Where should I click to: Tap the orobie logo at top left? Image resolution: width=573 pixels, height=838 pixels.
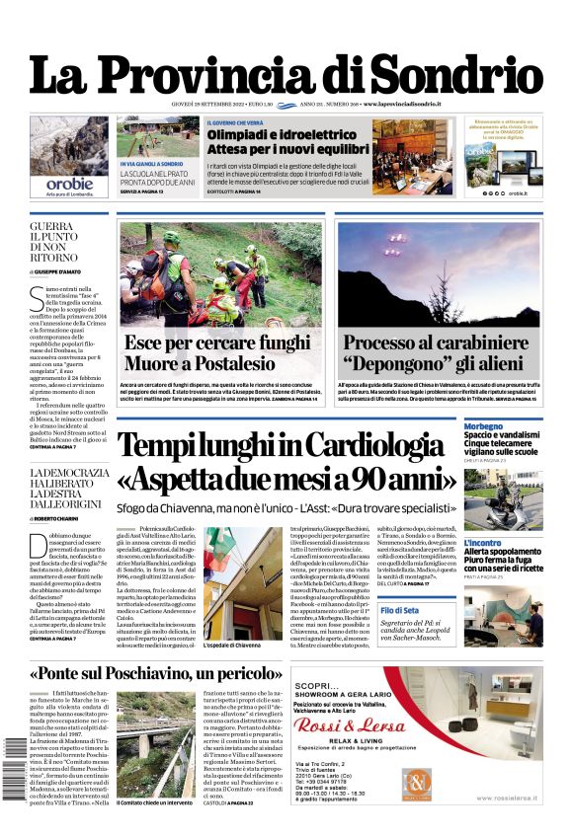[x=69, y=184]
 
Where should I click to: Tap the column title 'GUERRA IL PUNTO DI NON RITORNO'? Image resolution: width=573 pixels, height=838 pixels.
[x=69, y=246]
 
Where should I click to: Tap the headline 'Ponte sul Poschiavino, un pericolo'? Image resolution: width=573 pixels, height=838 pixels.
[x=153, y=673]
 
